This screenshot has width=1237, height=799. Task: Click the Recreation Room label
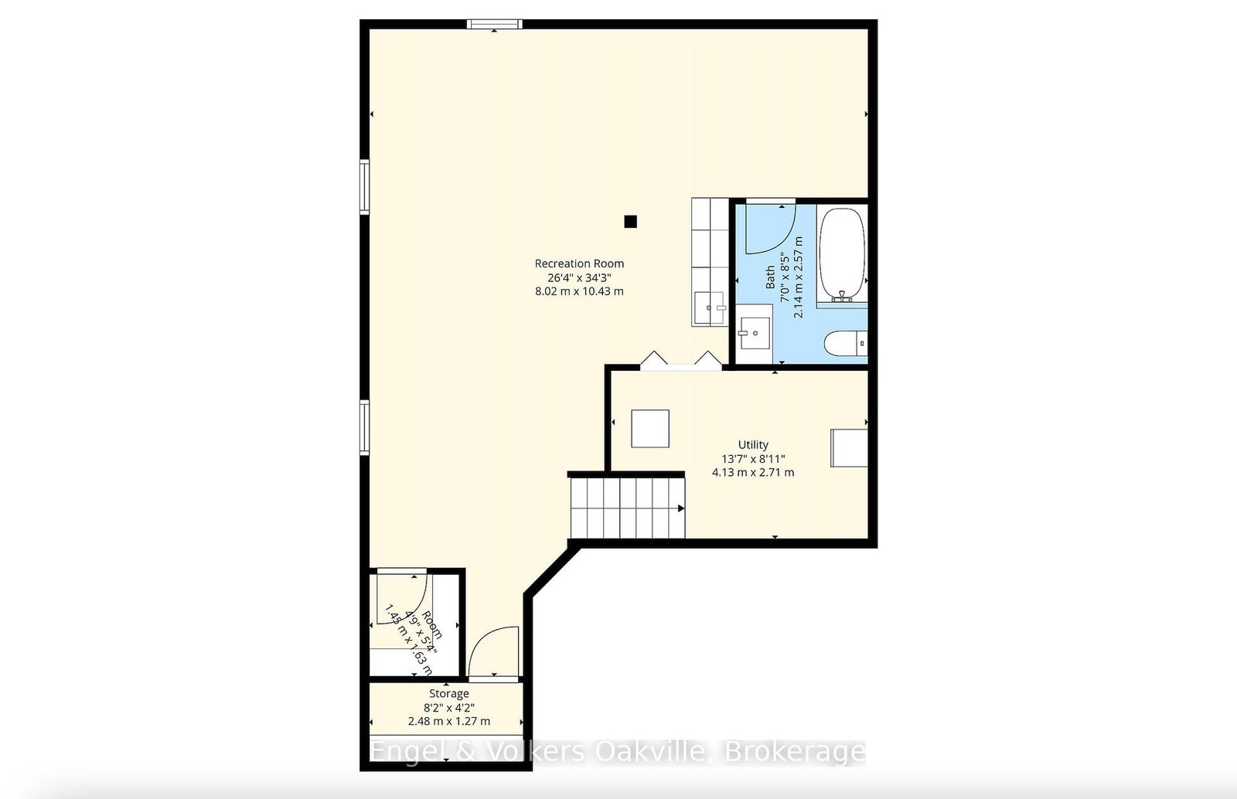[579, 263]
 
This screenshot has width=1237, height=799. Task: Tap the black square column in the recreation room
[630, 222]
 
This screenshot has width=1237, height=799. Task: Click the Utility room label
[753, 444]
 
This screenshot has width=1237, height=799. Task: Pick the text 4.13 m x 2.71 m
[753, 472]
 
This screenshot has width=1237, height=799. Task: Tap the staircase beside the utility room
[627, 508]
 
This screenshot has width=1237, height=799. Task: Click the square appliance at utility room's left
[649, 428]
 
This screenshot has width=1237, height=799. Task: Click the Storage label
[448, 694]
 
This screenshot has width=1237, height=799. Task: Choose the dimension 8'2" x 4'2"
[448, 708]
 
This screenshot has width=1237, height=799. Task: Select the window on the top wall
[494, 25]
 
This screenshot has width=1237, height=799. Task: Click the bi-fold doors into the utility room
[680, 361]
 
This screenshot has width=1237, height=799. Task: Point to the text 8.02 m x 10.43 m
[579, 291]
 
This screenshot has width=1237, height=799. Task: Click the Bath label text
[771, 277]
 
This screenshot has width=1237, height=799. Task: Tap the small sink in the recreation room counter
[709, 308]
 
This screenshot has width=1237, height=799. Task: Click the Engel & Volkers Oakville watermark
[617, 751]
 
